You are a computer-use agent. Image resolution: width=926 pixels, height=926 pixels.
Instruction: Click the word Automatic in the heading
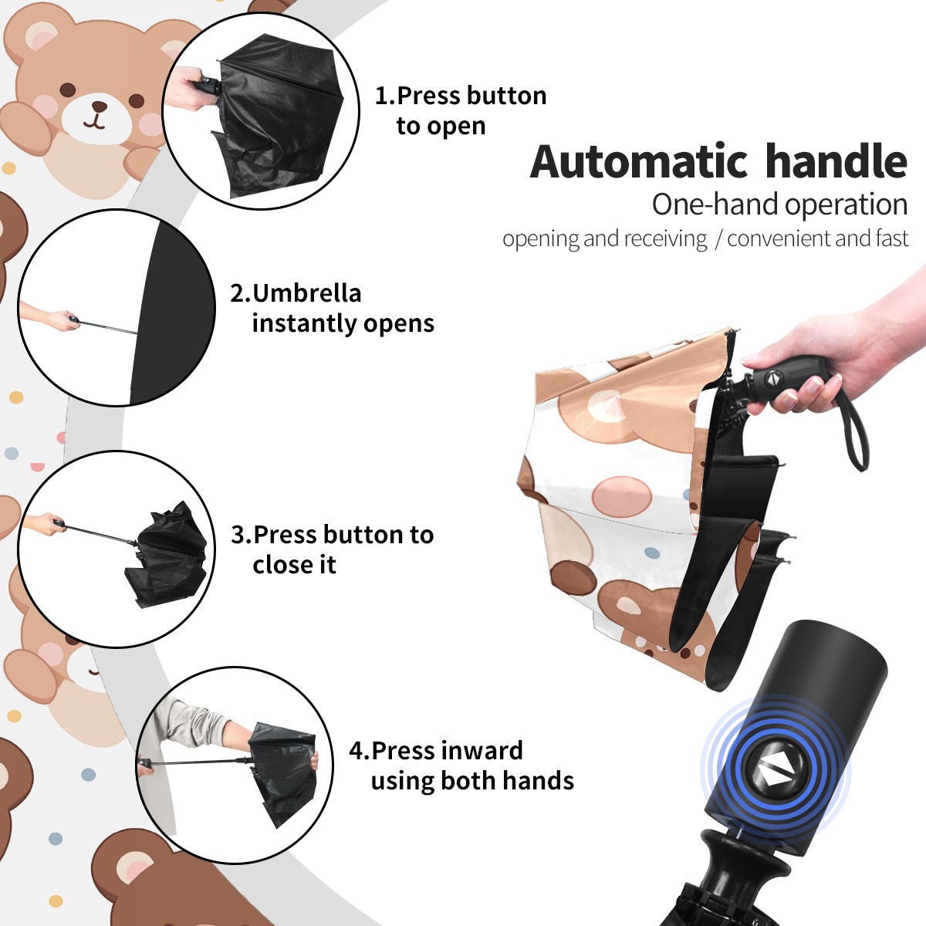[639, 162]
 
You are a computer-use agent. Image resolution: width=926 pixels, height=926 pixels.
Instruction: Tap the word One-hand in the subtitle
[715, 205]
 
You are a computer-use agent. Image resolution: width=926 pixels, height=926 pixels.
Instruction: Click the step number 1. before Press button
[384, 96]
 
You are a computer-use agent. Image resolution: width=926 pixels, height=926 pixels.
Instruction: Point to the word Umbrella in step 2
[306, 293]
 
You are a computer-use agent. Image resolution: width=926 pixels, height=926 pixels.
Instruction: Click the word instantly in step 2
[305, 324]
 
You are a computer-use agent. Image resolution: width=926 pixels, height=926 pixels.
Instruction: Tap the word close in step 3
[279, 565]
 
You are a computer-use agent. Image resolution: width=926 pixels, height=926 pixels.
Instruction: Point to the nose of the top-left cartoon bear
[100, 106]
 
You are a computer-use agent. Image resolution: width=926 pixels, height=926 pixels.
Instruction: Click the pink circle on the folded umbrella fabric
[622, 497]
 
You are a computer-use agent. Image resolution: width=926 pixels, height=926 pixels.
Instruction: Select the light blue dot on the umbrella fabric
[651, 553]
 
